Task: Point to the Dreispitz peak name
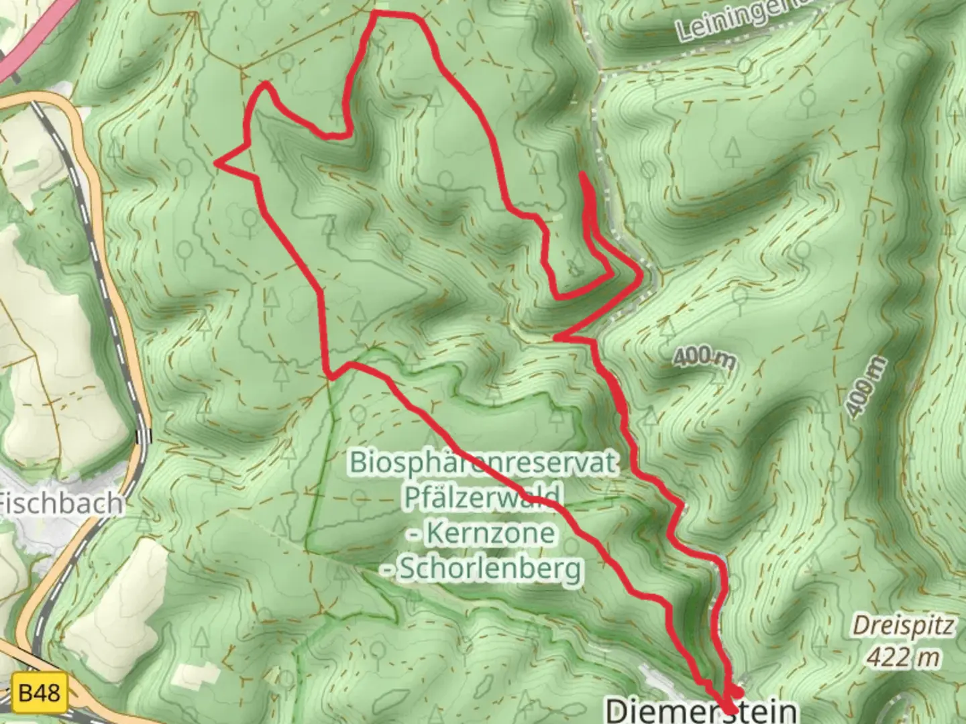(903, 625)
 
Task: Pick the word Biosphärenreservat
(482, 463)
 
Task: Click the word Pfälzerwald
(482, 497)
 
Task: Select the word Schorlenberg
(490, 569)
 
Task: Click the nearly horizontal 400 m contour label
(704, 359)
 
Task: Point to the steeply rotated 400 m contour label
(865, 388)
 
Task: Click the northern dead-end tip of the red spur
(582, 176)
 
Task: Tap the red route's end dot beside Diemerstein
(737, 692)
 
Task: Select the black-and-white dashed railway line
(107, 268)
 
